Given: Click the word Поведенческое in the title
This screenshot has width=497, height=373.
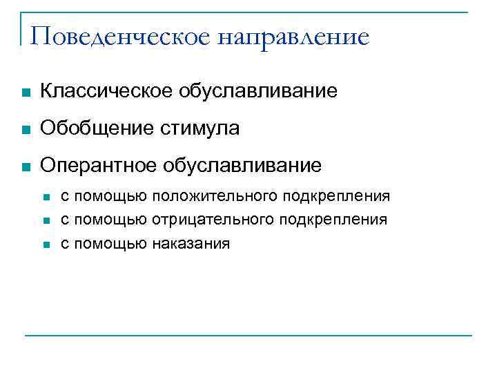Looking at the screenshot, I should (x=119, y=37).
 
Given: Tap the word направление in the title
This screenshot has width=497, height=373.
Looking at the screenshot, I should (x=293, y=37).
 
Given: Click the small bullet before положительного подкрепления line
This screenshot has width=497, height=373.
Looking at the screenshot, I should (x=46, y=198).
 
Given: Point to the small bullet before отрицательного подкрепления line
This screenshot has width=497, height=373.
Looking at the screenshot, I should (x=46, y=222).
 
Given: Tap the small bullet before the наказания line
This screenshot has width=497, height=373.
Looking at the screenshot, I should (x=46, y=245).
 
